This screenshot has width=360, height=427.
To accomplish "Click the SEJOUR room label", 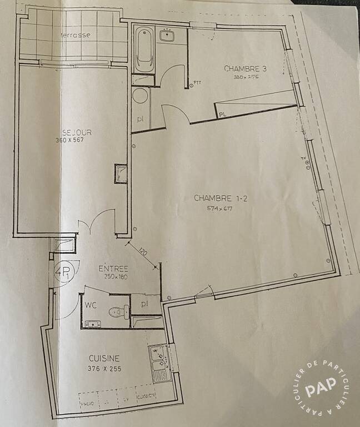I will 77,132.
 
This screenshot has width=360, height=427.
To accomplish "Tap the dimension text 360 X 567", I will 77,140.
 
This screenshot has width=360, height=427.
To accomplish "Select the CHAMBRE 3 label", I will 245,69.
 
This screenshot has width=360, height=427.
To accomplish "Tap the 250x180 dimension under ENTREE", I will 116,276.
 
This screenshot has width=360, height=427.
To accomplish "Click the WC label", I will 91,305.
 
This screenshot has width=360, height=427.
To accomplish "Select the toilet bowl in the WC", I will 117,312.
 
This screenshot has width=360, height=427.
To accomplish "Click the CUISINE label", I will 104,359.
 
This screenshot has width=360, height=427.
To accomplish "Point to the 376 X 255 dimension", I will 104,369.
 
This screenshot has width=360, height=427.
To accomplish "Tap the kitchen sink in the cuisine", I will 158,362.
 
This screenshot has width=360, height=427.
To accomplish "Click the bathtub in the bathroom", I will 143,49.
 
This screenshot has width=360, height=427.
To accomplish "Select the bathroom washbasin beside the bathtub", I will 166,37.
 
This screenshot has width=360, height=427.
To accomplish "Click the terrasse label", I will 76,34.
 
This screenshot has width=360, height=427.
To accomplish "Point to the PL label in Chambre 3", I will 223,115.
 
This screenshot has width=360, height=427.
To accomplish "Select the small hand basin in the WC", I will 92,324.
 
